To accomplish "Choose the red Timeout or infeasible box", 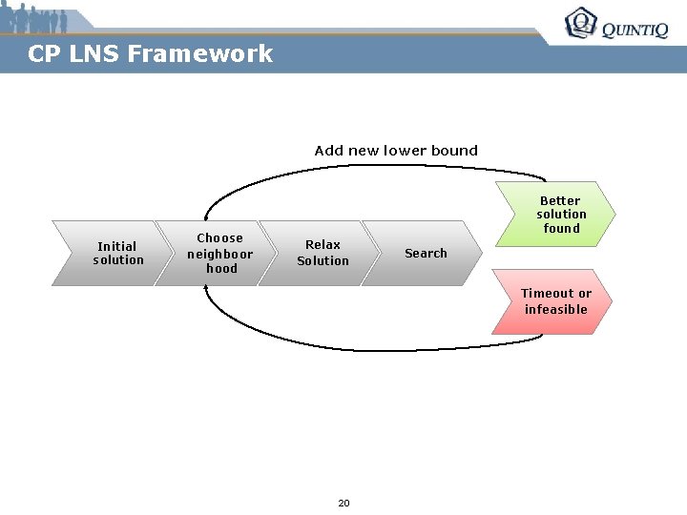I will pyautogui.click(x=553, y=301).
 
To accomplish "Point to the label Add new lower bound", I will pyautogui.click(x=396, y=151).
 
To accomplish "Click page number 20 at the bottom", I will pyautogui.click(x=343, y=503).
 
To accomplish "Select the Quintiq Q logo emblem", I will pyautogui.click(x=580, y=23).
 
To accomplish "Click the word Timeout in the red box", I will pyautogui.click(x=547, y=294).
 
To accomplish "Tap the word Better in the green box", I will pyautogui.click(x=560, y=201).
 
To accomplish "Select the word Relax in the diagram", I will pyautogui.click(x=323, y=245).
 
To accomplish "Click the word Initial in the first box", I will pyautogui.click(x=117, y=246).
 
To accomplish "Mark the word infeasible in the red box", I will pyautogui.click(x=555, y=309).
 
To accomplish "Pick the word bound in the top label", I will pyautogui.click(x=455, y=151).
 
